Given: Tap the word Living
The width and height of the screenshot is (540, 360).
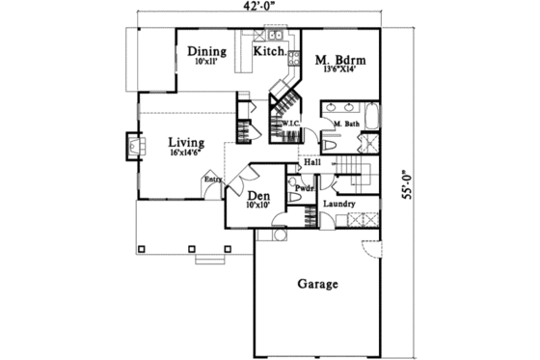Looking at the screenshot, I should pyautogui.click(x=186, y=142).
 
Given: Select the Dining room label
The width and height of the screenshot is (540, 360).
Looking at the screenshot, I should pyautogui.click(x=206, y=51).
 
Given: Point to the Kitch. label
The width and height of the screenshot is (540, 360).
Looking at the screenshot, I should pyautogui.click(x=270, y=51).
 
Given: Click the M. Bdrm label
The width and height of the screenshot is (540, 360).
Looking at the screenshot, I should pyautogui.click(x=338, y=61).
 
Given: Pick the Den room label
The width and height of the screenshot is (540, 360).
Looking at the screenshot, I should pyautogui.click(x=258, y=195).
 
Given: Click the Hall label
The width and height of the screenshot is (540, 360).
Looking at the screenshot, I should pyautogui.click(x=312, y=162).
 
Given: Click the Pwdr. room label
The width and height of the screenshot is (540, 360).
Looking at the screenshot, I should pyautogui.click(x=306, y=188).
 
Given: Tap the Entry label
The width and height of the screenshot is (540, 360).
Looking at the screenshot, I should pyautogui.click(x=211, y=180).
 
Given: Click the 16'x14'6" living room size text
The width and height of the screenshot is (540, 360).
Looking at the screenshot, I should pyautogui.click(x=186, y=153).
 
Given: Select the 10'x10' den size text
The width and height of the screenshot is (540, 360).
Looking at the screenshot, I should pyautogui.click(x=258, y=206).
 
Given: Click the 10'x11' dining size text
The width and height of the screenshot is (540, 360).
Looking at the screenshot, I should pyautogui.click(x=206, y=62).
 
